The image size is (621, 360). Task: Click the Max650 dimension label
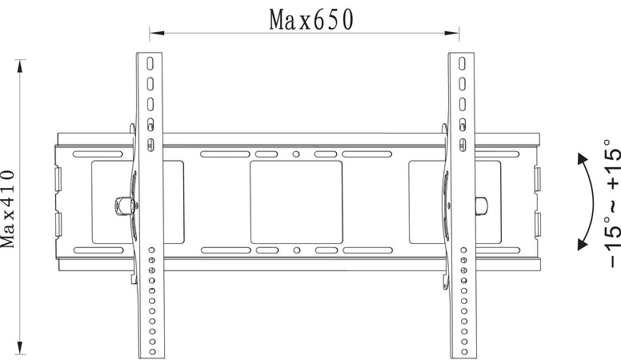(310, 19)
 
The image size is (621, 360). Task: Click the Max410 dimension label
(7, 209)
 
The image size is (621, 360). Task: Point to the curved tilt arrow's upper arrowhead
(583, 159)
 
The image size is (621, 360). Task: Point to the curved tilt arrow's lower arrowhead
(583, 243)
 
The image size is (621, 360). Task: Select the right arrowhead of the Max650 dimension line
(451, 34)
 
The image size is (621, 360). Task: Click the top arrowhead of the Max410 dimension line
(20, 67)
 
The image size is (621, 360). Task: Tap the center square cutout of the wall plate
(296, 202)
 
